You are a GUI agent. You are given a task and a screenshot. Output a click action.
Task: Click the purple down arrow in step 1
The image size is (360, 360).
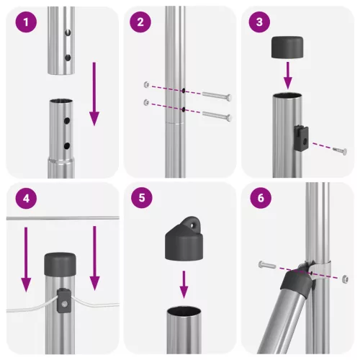click(94, 94)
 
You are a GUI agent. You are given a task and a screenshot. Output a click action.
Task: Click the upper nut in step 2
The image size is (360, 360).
click(146, 84)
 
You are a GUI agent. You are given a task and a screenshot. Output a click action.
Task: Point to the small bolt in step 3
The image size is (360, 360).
click(339, 149)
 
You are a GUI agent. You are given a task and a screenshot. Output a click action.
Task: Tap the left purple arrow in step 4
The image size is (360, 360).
click(26, 256)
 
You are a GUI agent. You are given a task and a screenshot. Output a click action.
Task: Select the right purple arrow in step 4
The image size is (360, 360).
click(94, 256)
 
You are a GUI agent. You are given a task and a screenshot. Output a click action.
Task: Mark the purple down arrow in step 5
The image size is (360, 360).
click(184, 283)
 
